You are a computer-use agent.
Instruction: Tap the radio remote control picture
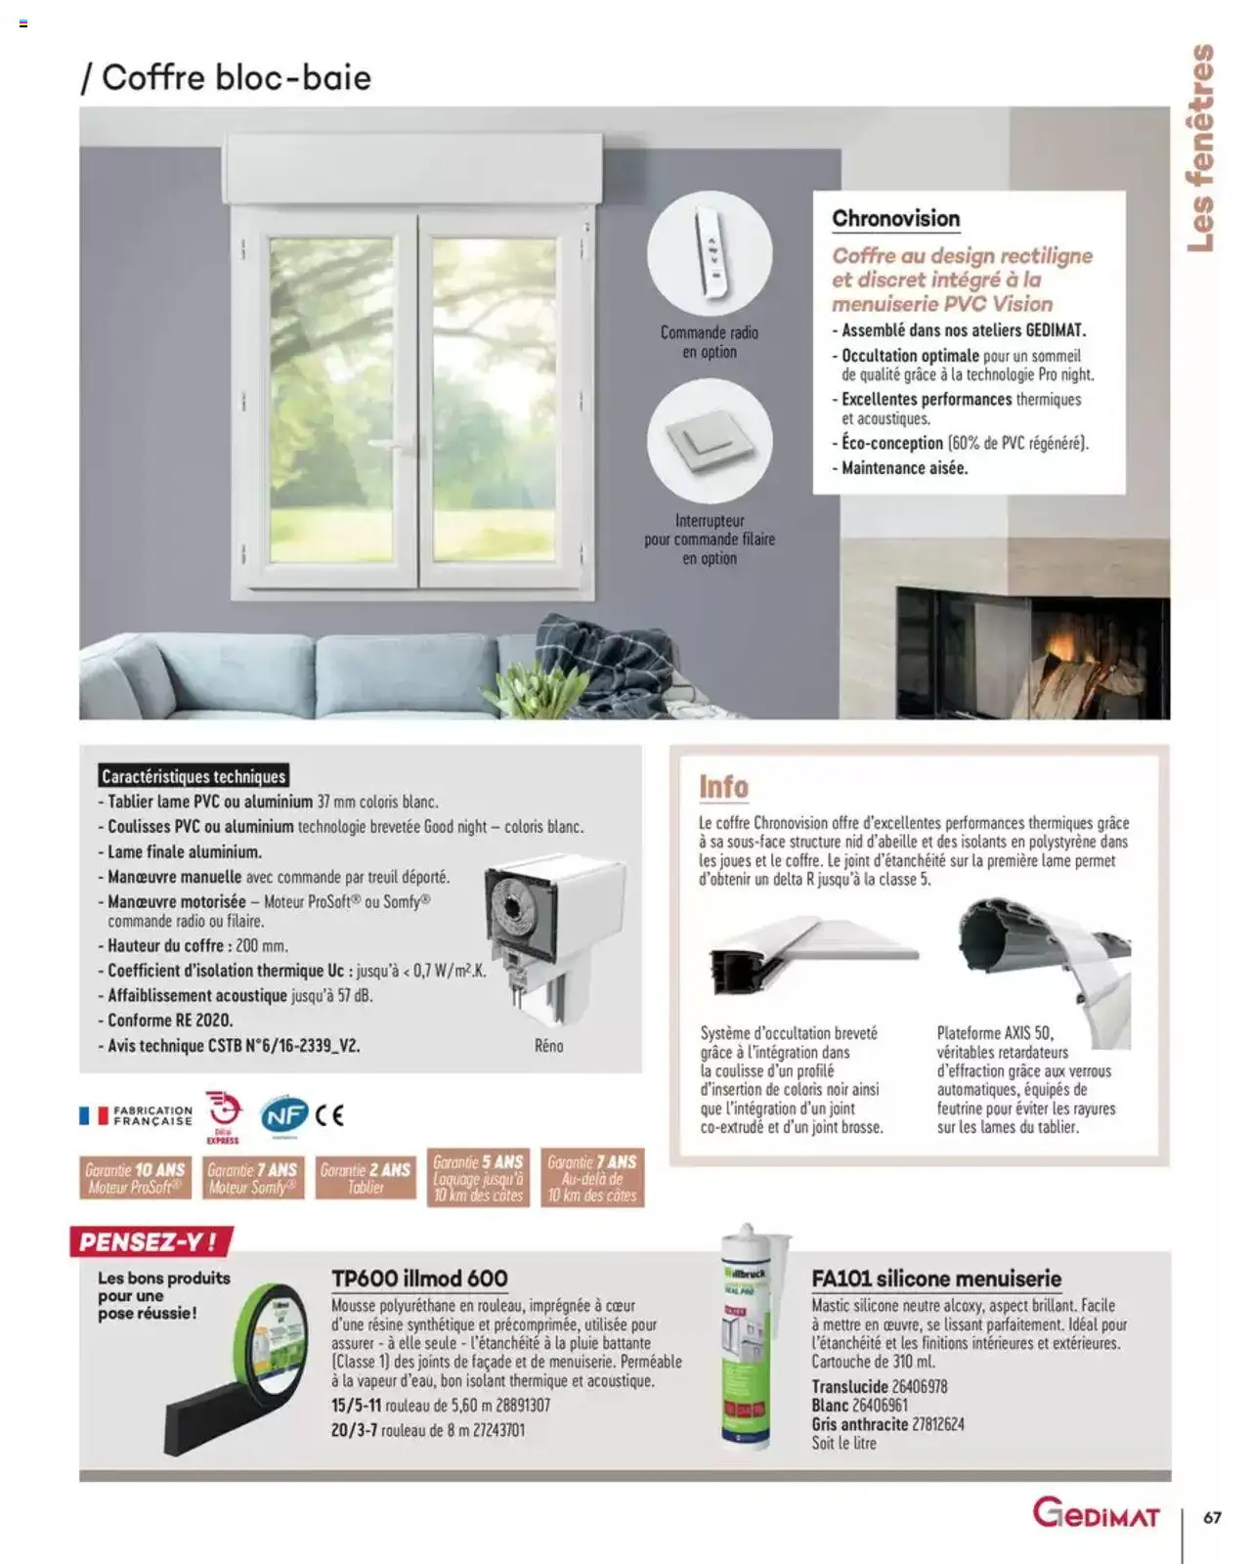pyautogui.click(x=710, y=253)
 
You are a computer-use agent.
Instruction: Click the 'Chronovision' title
pyautogui.click(x=895, y=219)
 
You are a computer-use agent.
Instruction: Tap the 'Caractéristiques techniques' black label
pyautogui.click(x=194, y=776)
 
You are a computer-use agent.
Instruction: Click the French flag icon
pyautogui.click(x=93, y=1115)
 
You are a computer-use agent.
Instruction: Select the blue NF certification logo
pyautogui.click(x=283, y=1115)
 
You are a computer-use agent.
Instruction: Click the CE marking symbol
pyautogui.click(x=330, y=1115)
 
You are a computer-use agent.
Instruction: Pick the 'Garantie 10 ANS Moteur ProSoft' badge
pyautogui.click(x=135, y=1179)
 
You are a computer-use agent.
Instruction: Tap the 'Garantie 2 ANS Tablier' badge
pyautogui.click(x=366, y=1179)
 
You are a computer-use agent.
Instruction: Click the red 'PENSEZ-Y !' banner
pyautogui.click(x=151, y=1242)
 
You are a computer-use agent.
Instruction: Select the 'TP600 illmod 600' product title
pyautogui.click(x=419, y=1279)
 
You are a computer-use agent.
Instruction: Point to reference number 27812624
pyautogui.click(x=937, y=1424)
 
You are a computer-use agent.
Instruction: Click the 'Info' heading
pyautogui.click(x=723, y=787)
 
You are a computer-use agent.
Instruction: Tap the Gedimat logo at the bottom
pyautogui.click(x=1096, y=1516)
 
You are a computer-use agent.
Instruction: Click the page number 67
pyautogui.click(x=1212, y=1518)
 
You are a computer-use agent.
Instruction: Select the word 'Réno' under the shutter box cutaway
pyautogui.click(x=548, y=1046)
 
